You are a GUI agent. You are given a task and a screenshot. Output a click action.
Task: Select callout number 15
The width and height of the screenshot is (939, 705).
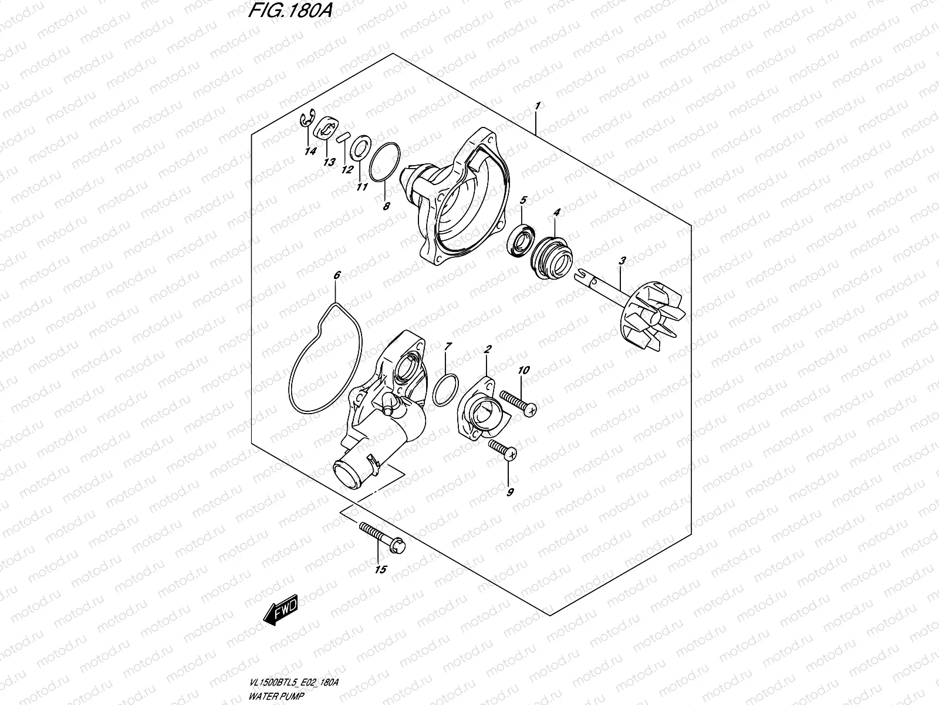click(380, 569)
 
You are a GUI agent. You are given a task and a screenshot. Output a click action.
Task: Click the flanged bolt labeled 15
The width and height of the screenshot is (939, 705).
click(382, 537)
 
